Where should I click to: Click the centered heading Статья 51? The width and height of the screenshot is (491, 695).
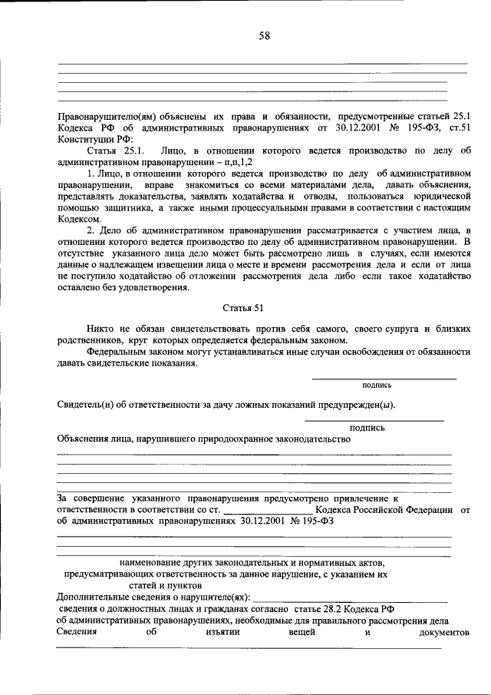click(242, 309)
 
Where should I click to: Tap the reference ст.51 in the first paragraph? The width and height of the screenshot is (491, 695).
click(458, 127)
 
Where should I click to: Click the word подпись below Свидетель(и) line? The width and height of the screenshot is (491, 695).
click(367, 428)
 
